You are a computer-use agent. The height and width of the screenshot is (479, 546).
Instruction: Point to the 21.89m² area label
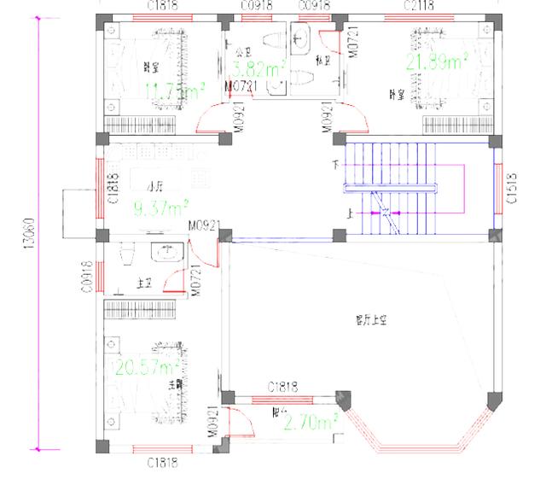tap(436, 61)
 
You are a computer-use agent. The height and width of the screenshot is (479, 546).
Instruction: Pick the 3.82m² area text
tap(259, 70)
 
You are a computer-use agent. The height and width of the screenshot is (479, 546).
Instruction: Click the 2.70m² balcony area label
tap(311, 422)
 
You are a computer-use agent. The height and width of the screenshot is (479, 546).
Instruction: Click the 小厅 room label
tap(154, 187)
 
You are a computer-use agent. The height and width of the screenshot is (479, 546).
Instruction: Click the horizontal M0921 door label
tap(205, 225)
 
